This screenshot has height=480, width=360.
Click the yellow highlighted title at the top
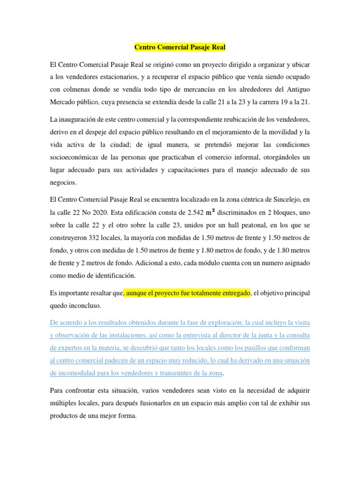(x=180, y=47)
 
